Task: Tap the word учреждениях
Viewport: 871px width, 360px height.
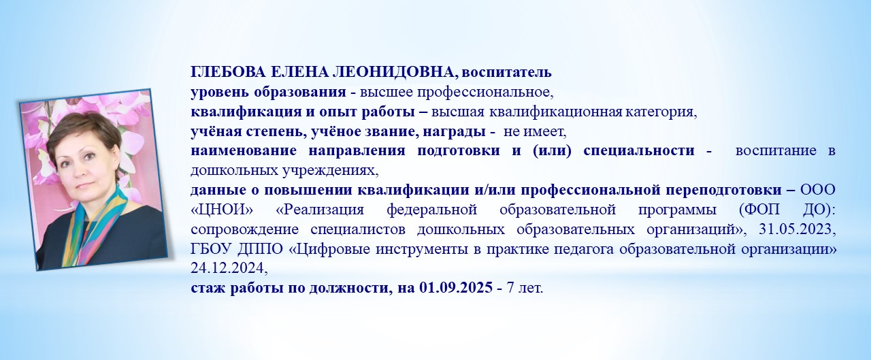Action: tap(328, 169)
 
